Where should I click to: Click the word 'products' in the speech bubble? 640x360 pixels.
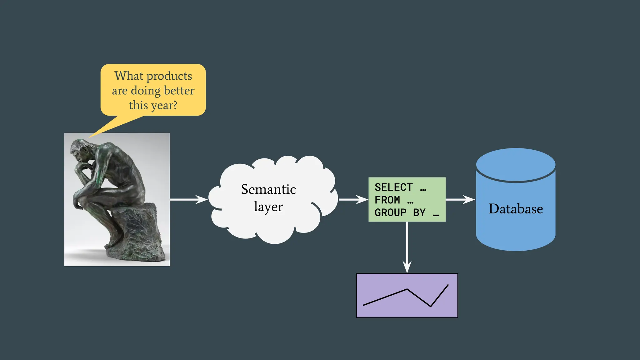coord(169,76)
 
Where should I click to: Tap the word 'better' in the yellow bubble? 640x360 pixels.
coord(179,91)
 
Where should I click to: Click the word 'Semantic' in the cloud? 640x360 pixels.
coord(268,189)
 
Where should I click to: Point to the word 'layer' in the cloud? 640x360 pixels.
coord(268,207)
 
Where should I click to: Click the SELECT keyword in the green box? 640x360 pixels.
coord(393,187)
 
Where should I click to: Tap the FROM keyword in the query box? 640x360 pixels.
coord(387,200)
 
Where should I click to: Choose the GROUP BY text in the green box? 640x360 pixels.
coord(400,213)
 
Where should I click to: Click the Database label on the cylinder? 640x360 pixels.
coord(516,209)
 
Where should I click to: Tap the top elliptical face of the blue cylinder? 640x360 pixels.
coord(516,164)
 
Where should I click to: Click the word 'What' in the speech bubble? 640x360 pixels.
coord(129,76)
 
